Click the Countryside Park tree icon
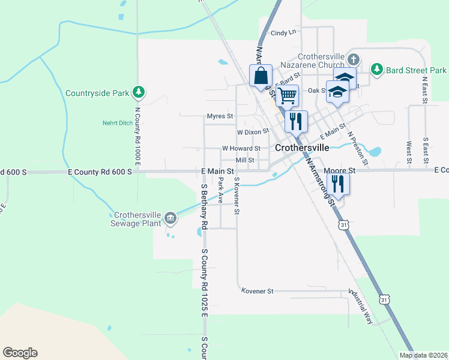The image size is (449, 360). [x=139, y=92]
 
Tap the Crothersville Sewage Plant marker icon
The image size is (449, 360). [x=170, y=218]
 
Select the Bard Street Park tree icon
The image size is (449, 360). [x=376, y=69]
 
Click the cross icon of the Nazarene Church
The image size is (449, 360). [x=354, y=59]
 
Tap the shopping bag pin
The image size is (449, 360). [x=261, y=76]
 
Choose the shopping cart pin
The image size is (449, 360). [x=288, y=95]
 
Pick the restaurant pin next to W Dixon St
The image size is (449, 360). [x=295, y=121]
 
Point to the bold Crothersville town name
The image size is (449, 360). [x=302, y=148]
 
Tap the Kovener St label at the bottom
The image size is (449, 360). [x=257, y=291]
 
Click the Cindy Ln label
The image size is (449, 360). [x=283, y=33]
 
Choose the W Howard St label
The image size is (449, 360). [x=241, y=148]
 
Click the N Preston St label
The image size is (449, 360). [x=358, y=148]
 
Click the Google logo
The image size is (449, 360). [x=20, y=353]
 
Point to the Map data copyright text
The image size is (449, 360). [x=423, y=355]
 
